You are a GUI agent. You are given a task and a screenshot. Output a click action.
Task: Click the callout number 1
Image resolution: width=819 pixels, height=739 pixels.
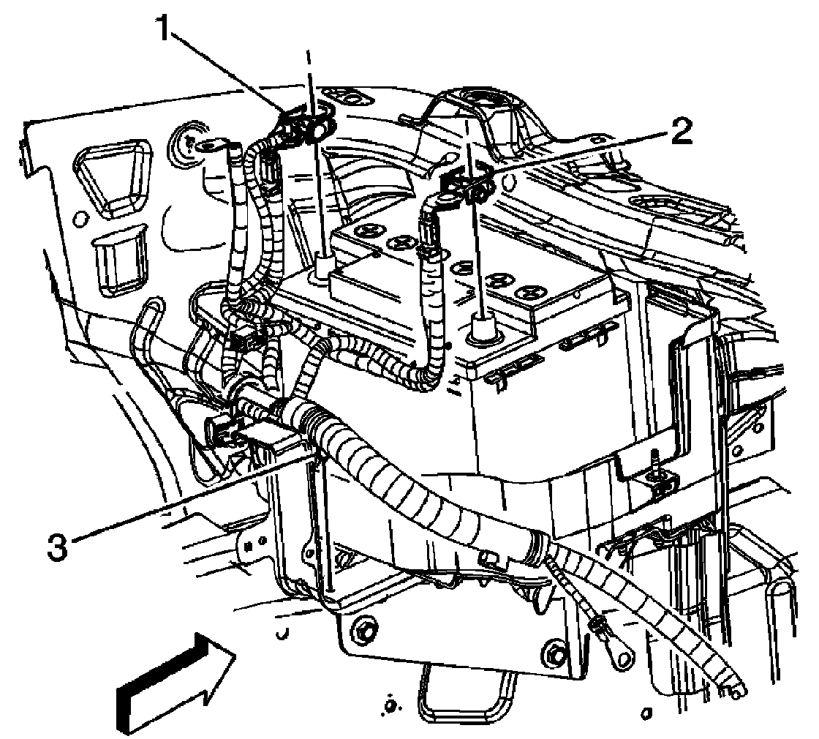pos(166,31)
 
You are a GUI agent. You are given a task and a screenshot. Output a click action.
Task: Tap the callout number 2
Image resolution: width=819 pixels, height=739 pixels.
pos(680,132)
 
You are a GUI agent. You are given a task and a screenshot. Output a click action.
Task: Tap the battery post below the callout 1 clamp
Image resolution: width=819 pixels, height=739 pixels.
pos(322,270)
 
